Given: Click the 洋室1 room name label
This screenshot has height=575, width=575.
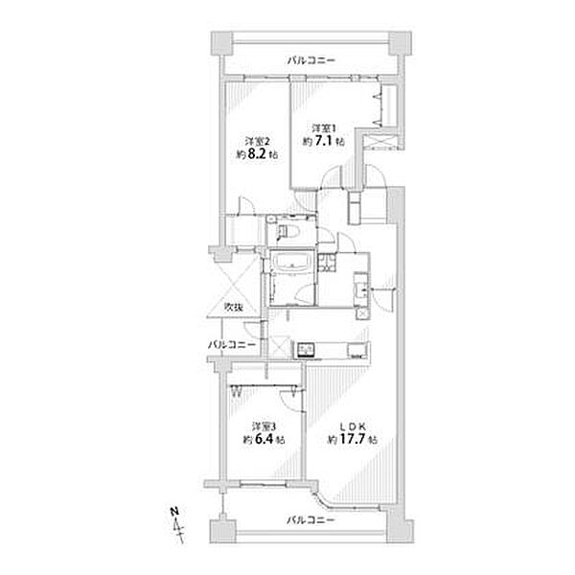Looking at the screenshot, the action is coord(324,128).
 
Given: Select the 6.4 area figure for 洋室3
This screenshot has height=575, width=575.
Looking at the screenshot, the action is coord(265,439).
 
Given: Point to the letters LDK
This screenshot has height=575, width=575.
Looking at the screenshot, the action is coord(352,426).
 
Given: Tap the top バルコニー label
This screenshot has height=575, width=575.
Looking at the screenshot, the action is coord(310,59).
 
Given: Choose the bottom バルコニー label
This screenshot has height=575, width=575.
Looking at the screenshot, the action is coord(310,520).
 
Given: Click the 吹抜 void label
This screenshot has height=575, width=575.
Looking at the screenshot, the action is coord(234,308).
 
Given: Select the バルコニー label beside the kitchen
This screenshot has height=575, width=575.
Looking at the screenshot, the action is coord(232,345).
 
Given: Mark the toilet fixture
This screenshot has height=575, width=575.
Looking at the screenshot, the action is coord(289,231).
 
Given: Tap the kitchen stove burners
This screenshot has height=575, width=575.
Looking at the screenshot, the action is coord(306,350).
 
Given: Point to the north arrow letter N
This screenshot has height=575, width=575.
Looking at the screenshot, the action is coord(175,512).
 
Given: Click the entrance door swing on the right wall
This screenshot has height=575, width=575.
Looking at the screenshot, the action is coord(383,301).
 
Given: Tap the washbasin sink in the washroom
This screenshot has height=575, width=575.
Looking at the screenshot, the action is coord(359,289).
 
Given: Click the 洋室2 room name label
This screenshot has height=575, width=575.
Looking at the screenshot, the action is coord(257,141).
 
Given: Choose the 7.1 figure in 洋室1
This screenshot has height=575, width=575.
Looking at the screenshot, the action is coord(324,141).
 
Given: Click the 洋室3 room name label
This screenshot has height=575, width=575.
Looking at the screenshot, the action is coord(264,426).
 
